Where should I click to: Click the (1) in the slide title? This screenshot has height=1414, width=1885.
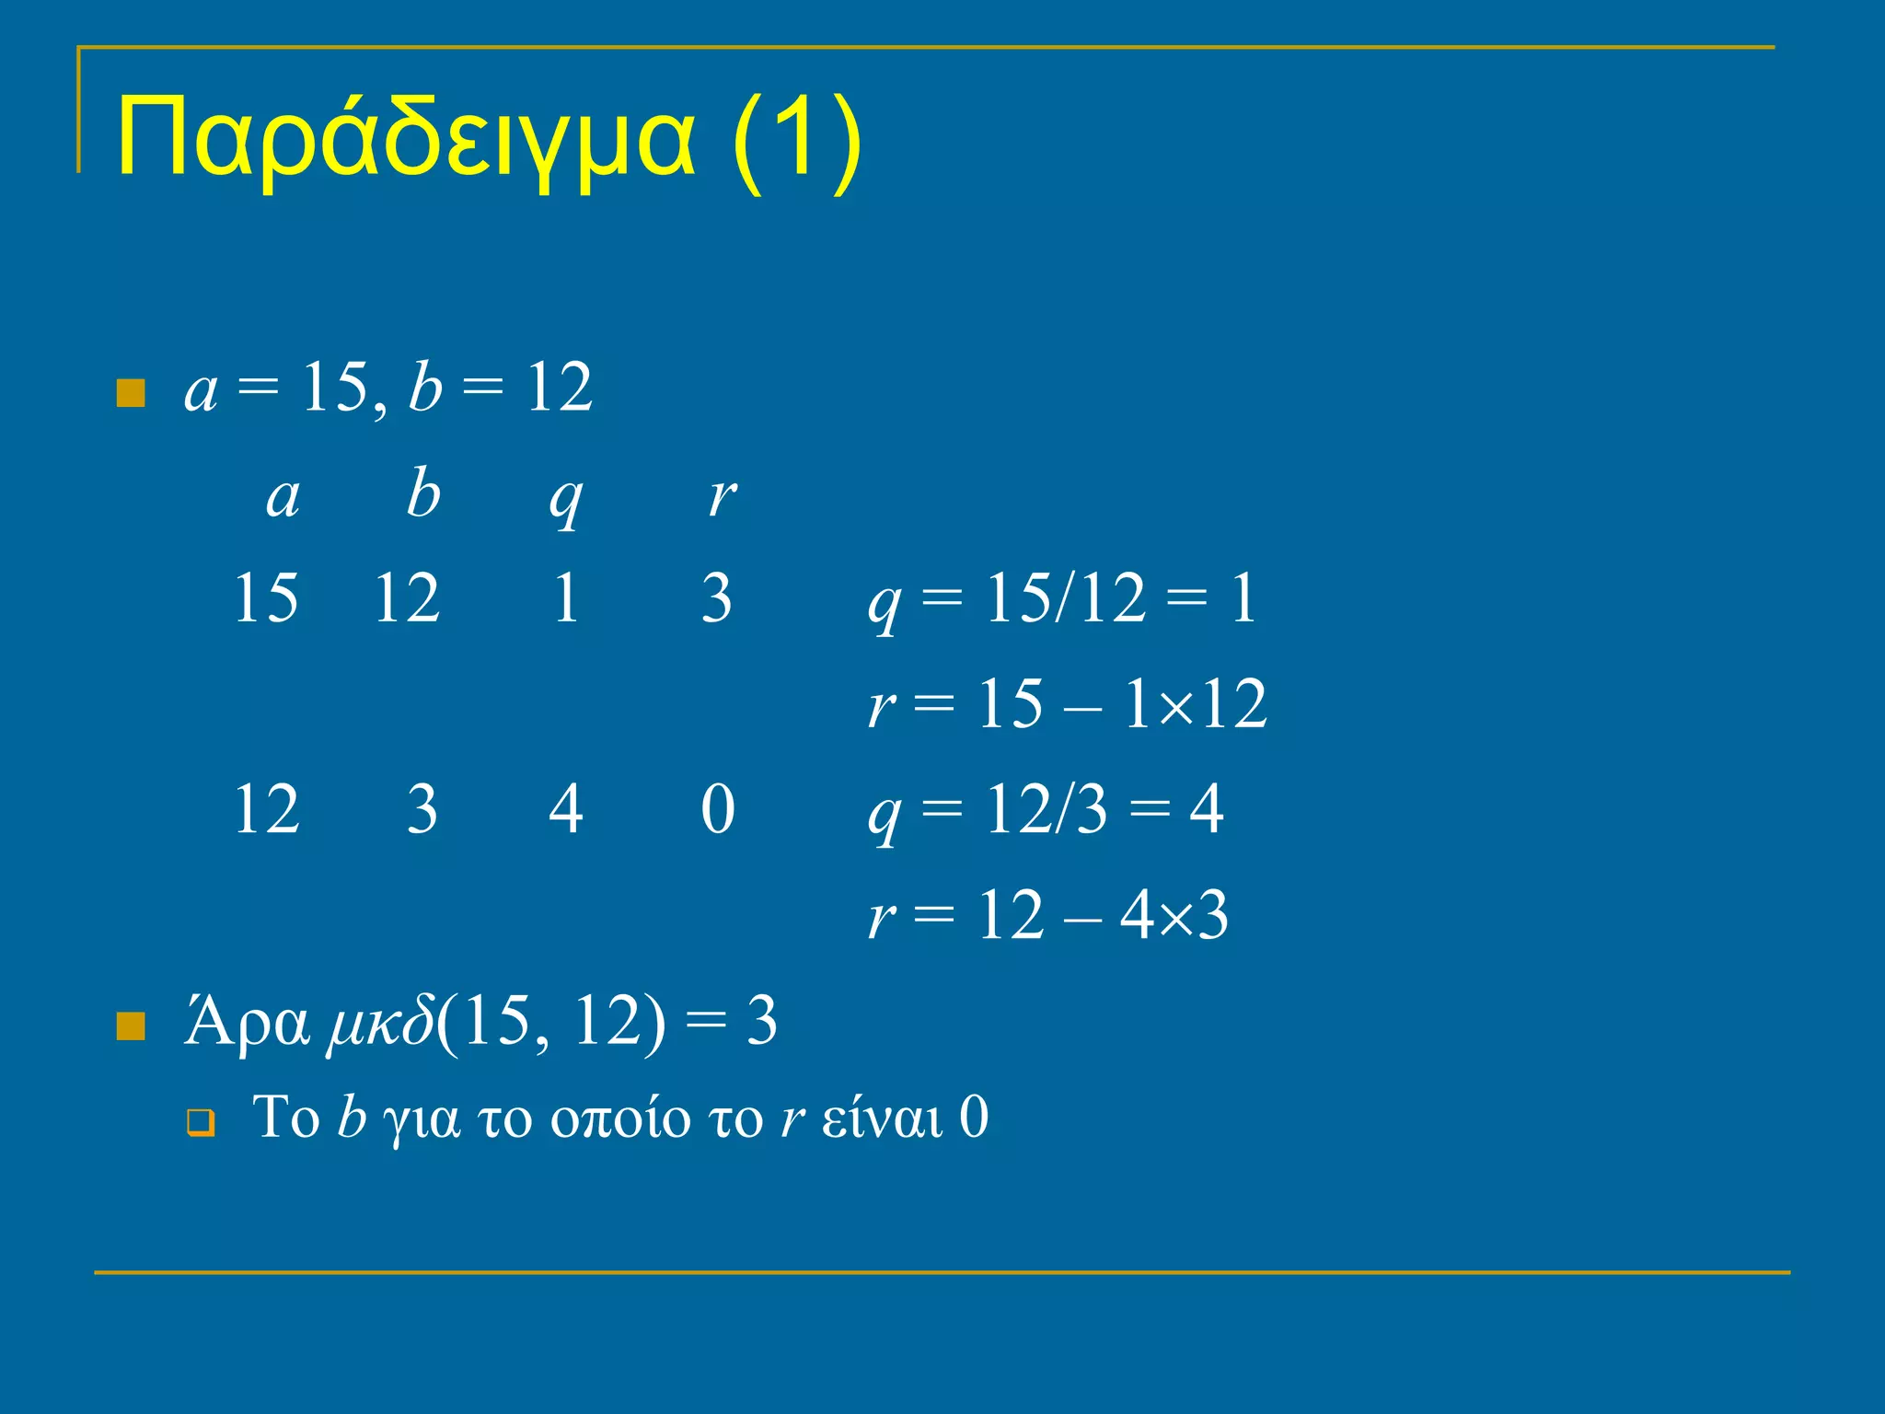click(x=797, y=140)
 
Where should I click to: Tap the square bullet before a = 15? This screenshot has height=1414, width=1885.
click(x=131, y=393)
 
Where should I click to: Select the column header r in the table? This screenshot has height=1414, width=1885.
click(x=722, y=498)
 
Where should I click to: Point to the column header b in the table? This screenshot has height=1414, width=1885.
click(x=423, y=493)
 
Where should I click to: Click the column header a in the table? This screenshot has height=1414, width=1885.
click(x=283, y=498)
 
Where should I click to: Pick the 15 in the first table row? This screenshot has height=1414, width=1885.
click(x=266, y=598)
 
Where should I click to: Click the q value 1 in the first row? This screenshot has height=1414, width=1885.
click(x=565, y=598)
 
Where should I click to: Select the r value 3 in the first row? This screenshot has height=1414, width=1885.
click(x=716, y=598)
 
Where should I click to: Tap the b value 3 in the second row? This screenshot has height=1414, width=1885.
click(x=422, y=809)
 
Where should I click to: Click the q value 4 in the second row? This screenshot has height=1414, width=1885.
click(x=565, y=809)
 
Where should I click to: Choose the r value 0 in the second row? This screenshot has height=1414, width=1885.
click(x=717, y=809)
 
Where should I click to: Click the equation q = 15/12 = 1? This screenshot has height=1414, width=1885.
click(x=1062, y=600)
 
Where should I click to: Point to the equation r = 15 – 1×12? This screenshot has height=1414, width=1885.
click(x=1068, y=704)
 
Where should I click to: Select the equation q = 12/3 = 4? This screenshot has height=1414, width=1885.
click(x=1046, y=810)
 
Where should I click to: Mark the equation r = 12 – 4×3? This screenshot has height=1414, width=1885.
click(x=1047, y=915)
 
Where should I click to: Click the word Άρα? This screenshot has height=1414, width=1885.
click(x=247, y=1022)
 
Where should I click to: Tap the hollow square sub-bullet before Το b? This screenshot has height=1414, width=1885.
click(x=200, y=1124)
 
